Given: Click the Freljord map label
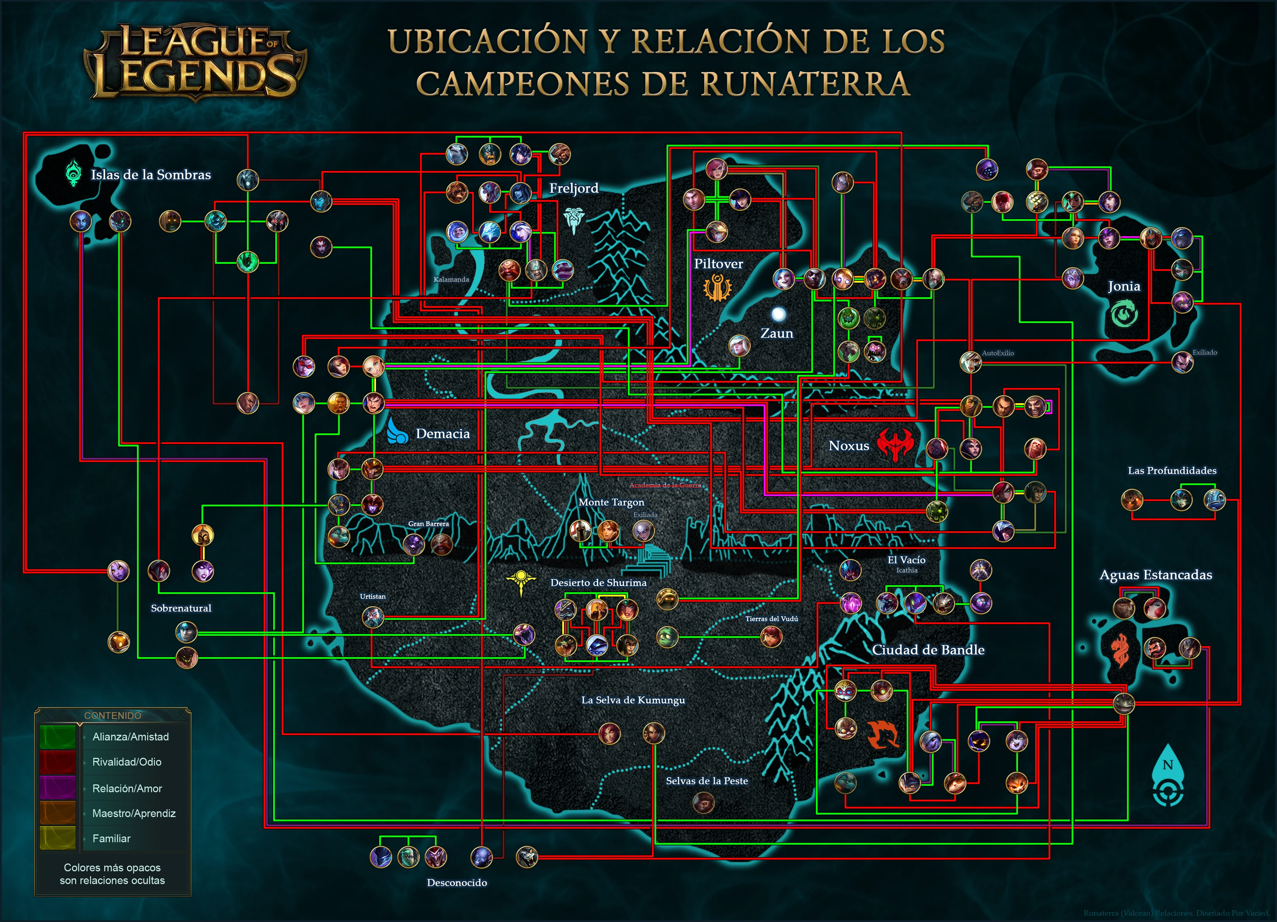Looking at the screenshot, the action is click(574, 188).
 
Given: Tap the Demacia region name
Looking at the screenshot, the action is click(443, 433).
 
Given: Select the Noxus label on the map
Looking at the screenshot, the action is click(848, 446).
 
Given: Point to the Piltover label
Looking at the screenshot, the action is click(718, 263).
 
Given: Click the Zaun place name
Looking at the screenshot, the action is click(776, 333).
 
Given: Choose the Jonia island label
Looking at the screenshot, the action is click(1124, 286).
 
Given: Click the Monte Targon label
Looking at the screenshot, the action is click(611, 502).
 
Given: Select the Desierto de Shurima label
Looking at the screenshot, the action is click(598, 583).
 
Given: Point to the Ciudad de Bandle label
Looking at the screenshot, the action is click(928, 650).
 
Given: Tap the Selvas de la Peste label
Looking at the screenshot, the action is click(707, 781).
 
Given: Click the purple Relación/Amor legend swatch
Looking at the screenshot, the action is click(57, 788).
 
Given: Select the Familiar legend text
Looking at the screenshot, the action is click(111, 838).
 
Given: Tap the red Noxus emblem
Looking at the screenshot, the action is click(895, 445).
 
